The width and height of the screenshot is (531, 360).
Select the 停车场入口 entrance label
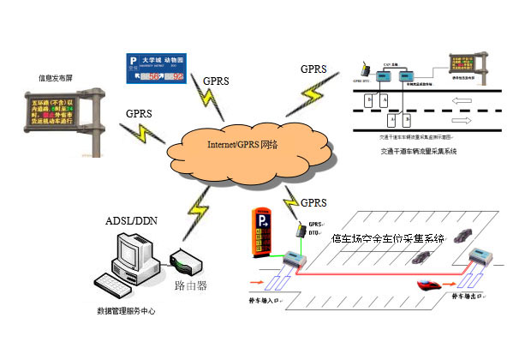coord(266,303)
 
